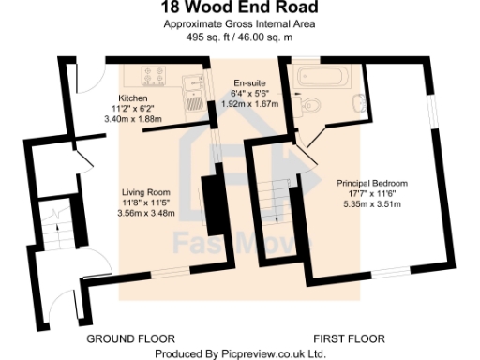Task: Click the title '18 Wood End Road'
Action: click(239, 9)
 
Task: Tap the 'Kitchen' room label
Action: click(132, 98)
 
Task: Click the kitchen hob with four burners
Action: click(154, 76)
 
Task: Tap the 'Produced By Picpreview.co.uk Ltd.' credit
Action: click(240, 353)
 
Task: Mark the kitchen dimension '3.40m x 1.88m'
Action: click(132, 119)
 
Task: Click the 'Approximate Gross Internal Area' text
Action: click(239, 25)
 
